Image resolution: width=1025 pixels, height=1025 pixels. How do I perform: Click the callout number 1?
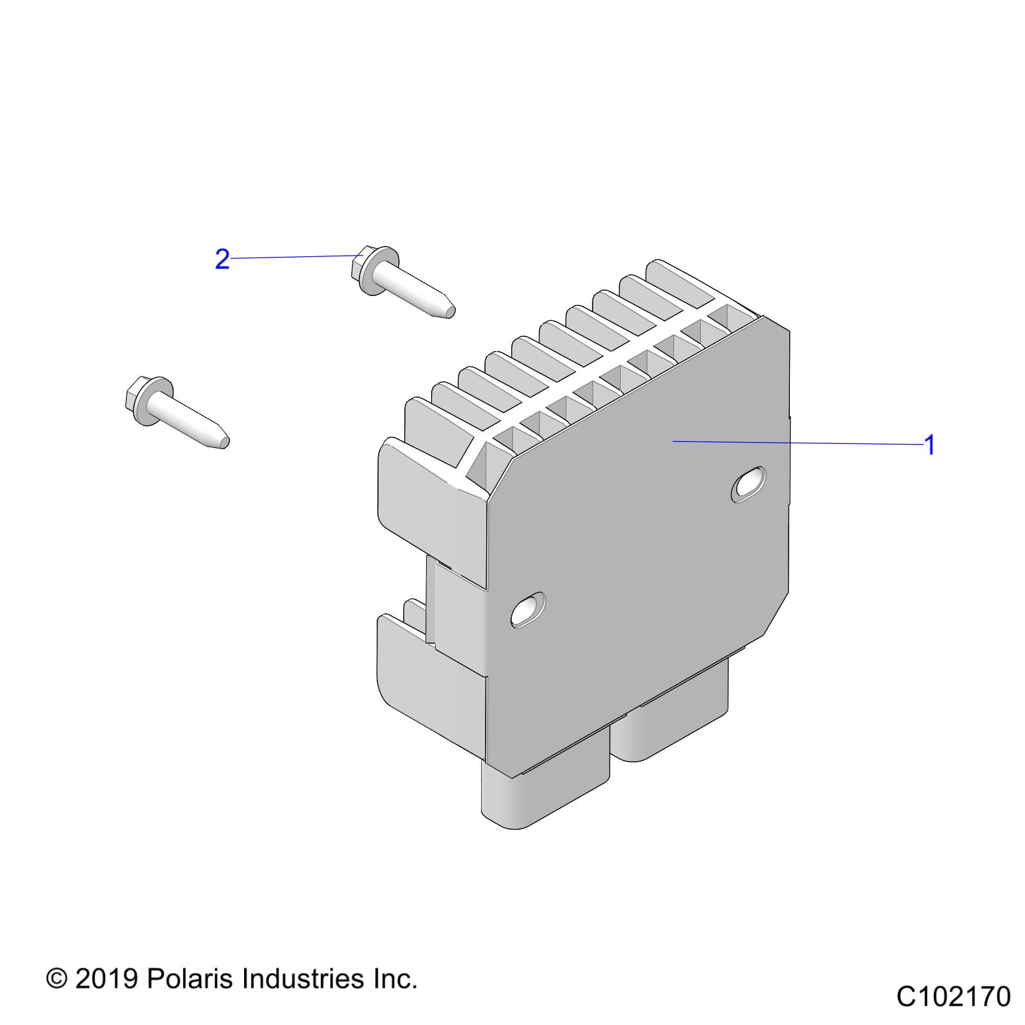(930, 445)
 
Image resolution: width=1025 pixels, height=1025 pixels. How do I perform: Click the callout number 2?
(222, 259)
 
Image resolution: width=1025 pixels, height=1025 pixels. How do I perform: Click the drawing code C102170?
(953, 997)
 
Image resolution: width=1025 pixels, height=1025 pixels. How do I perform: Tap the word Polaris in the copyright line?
(188, 979)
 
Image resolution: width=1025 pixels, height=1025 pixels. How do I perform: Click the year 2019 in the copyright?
(107, 979)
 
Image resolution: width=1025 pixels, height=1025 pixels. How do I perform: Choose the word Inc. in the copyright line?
(395, 979)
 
